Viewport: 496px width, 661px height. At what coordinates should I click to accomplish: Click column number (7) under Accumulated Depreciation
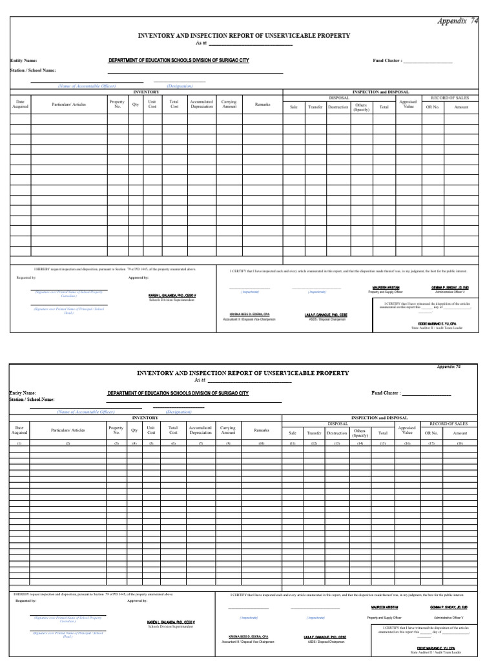point(201,444)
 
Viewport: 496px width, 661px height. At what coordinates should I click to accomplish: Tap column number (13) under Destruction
point(337,444)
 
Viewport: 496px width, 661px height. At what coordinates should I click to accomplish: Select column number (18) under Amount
point(460,444)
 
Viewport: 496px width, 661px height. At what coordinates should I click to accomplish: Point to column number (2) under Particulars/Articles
point(68,444)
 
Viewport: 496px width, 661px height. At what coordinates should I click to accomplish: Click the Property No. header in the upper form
point(118,104)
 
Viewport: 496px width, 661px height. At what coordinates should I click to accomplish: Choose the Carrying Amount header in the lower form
point(229,431)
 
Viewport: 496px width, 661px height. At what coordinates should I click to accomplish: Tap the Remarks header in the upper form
point(262,104)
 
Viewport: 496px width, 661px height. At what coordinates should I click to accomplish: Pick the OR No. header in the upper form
point(431,107)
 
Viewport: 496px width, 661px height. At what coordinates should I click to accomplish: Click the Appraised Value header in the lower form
point(407,431)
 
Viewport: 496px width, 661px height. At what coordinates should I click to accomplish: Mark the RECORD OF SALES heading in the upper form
point(450,97)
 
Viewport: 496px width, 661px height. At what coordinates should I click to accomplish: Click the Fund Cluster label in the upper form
point(387,61)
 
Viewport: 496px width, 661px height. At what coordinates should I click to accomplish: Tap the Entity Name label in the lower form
point(23,392)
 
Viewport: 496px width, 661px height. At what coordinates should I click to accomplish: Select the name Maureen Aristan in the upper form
point(386,287)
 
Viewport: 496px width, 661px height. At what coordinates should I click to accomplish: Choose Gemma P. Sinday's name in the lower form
point(449,607)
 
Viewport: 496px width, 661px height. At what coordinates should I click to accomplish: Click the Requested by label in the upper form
point(26,277)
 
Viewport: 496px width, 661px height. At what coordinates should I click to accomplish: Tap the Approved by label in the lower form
point(138,600)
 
